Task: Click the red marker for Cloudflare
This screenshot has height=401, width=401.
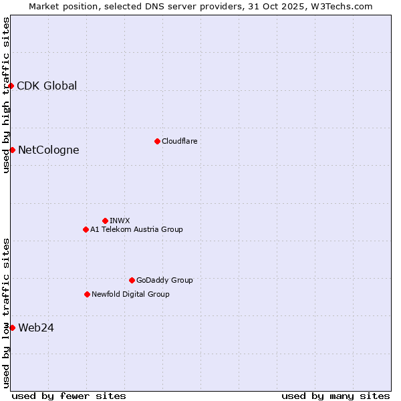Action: click(157, 141)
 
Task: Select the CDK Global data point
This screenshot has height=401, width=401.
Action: click(11, 86)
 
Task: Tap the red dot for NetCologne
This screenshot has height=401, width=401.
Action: click(12, 150)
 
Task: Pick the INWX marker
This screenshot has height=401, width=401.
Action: click(105, 221)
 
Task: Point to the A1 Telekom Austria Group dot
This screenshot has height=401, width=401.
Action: click(86, 229)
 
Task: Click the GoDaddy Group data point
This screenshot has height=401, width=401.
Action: click(132, 280)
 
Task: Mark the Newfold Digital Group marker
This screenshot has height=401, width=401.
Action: click(87, 294)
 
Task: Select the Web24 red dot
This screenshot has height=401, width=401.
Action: click(12, 327)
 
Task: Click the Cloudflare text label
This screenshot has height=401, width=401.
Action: click(179, 141)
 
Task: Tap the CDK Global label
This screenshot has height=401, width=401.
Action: click(47, 86)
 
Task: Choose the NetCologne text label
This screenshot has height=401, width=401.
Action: click(48, 150)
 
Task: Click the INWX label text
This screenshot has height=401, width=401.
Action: click(120, 221)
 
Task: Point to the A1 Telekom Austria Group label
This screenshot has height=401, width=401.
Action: click(136, 229)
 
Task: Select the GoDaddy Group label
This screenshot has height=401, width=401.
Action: click(164, 280)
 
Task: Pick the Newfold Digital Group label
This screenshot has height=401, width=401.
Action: click(130, 294)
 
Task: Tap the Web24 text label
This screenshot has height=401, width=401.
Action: click(36, 327)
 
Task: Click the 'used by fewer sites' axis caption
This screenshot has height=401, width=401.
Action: click(69, 396)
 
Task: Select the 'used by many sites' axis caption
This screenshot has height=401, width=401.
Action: click(336, 396)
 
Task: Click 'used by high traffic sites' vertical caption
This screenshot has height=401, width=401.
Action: click(6, 95)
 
